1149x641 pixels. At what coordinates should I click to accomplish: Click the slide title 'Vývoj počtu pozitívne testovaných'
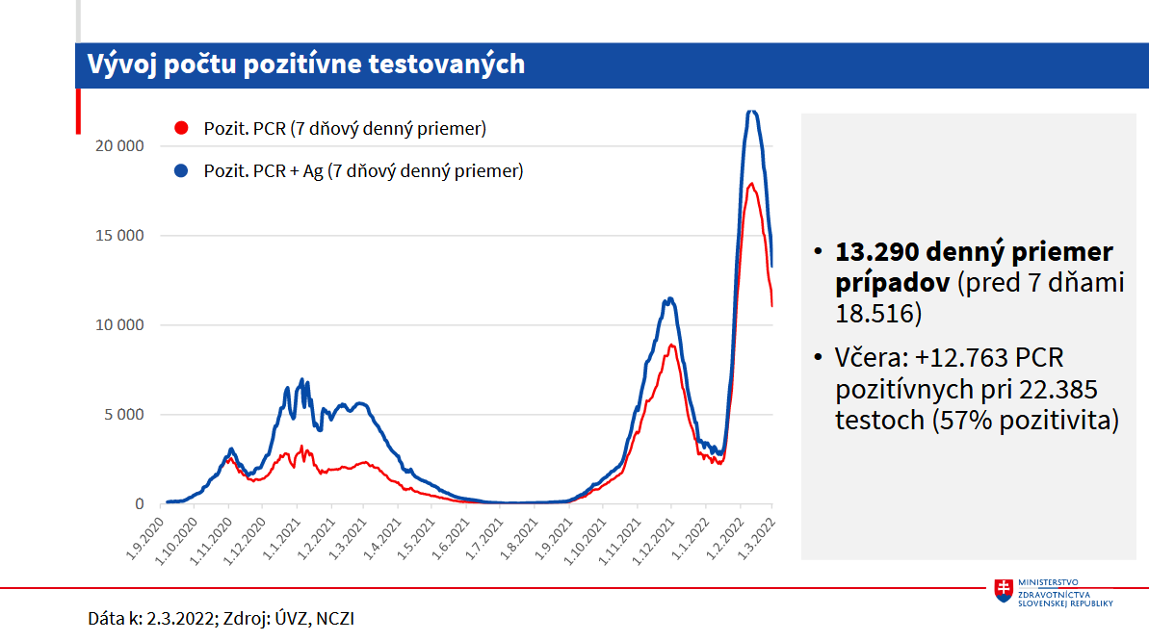click(305, 64)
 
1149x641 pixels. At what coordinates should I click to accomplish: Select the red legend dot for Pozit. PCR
click(180, 128)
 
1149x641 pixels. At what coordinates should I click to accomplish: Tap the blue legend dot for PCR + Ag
click(180, 171)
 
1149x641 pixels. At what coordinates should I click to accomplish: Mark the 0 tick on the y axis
click(139, 504)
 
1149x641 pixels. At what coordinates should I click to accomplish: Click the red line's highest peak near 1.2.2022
click(750, 183)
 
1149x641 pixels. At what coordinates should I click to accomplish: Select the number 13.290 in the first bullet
click(876, 253)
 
